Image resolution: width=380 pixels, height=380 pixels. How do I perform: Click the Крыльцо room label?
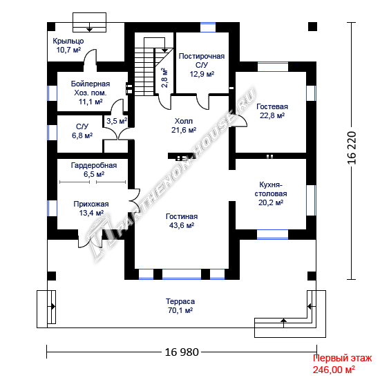pyautogui.click(x=68, y=41)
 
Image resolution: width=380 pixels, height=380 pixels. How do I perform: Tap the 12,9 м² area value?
pyautogui.click(x=202, y=74)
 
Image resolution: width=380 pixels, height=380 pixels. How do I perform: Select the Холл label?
pyautogui.click(x=184, y=121)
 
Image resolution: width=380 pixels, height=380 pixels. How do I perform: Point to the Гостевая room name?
pyautogui.click(x=272, y=106)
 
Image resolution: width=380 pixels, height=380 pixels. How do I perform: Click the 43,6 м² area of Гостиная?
pyautogui.click(x=182, y=225)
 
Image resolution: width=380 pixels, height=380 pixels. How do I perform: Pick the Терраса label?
pyautogui.click(x=180, y=301)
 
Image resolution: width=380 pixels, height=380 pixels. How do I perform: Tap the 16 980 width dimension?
pyautogui.click(x=182, y=352)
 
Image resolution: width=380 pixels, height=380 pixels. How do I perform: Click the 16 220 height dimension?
pyautogui.click(x=352, y=148)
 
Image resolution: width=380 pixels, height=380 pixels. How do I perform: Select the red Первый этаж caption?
pyautogui.click(x=342, y=358)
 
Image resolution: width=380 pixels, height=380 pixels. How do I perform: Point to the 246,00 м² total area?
pyautogui.click(x=334, y=370)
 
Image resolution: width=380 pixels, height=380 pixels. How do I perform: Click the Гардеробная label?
pyautogui.click(x=94, y=165)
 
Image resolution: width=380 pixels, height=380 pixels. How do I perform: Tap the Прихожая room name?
pyautogui.click(x=91, y=204)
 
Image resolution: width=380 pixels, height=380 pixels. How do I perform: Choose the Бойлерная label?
pyautogui.click(x=91, y=84)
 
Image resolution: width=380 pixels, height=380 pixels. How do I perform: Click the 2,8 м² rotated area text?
pyautogui.click(x=164, y=78)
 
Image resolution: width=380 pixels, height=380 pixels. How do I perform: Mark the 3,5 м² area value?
pyautogui.click(x=117, y=121)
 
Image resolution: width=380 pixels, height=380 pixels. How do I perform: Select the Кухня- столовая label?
pyautogui.click(x=271, y=189)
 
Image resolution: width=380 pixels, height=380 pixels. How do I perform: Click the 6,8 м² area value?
pyautogui.click(x=82, y=135)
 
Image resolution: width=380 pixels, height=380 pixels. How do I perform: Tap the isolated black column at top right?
pyautogui.click(x=312, y=26)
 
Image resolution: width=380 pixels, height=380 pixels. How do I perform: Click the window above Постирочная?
pyautogui.click(x=208, y=27)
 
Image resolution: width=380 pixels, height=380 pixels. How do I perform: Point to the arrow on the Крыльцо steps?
pyautogui.click(x=89, y=27)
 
